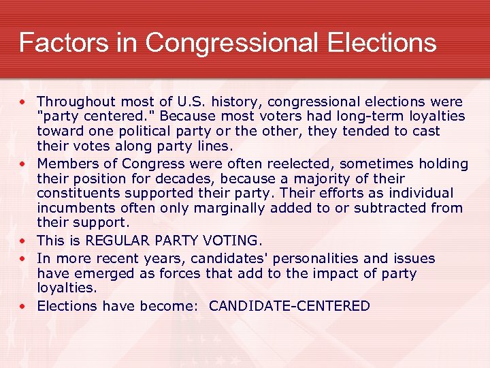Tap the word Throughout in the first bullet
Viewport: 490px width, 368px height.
coord(76,102)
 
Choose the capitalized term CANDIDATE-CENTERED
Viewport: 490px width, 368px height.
coord(289,306)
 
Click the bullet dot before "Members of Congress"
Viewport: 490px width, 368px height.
coord(24,164)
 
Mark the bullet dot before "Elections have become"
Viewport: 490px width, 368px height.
coord(24,307)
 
